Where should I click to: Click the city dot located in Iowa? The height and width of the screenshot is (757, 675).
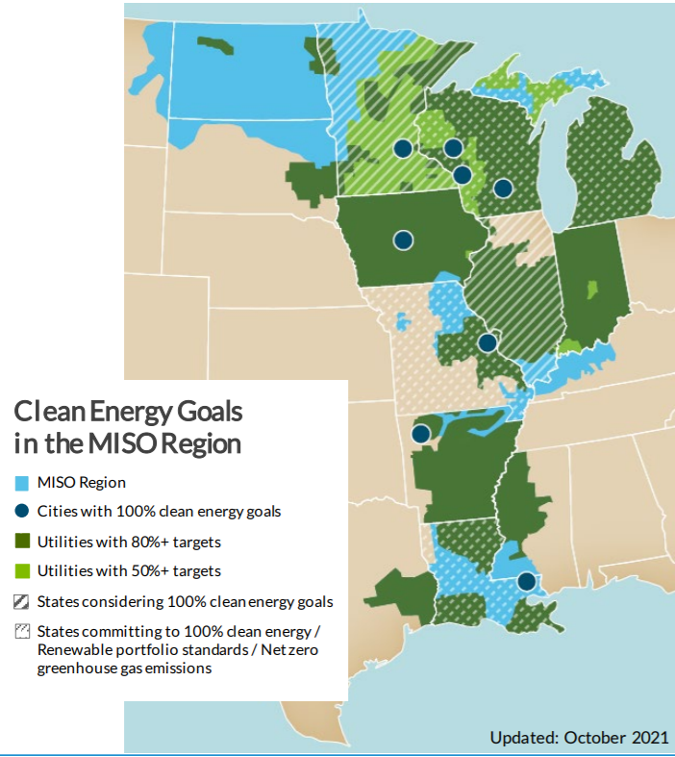[403, 240]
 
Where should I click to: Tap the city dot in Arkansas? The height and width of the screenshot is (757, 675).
[420, 434]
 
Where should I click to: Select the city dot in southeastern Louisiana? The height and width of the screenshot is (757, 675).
[525, 581]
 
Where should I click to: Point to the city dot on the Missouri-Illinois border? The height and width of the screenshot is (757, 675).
[487, 342]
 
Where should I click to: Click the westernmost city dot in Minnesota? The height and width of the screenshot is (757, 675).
[403, 148]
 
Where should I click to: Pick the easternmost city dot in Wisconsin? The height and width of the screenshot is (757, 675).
[503, 188]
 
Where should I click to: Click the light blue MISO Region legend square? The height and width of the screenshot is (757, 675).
[22, 483]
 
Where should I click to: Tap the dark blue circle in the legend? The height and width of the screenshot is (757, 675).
[22, 512]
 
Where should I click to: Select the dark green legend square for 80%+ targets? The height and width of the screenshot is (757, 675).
[22, 542]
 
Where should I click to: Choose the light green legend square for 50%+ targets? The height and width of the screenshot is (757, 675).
[22, 570]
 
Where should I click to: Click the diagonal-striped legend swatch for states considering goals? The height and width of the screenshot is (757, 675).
[22, 602]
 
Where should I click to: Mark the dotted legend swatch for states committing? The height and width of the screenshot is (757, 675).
[22, 632]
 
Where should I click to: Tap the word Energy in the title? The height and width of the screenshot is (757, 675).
[122, 412]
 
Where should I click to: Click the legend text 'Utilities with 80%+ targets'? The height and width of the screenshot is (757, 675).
[129, 542]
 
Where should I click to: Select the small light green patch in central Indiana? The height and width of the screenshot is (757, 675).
[591, 288]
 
